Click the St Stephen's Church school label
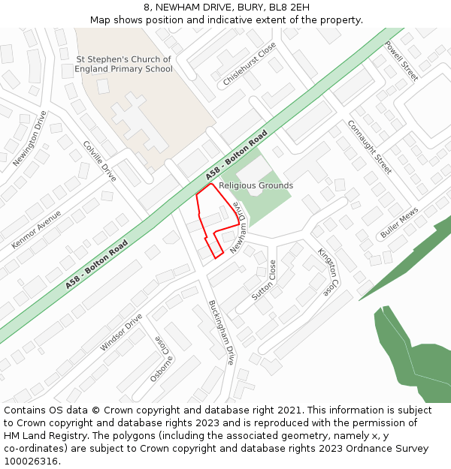[x=123, y=65]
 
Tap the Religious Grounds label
[x=256, y=185]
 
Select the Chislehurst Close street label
[x=250, y=63]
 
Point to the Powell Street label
[x=401, y=61]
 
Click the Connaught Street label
[x=369, y=146]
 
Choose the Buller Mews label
[x=398, y=224]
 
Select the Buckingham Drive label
[x=222, y=332]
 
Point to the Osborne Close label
[x=164, y=359]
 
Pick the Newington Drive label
[x=30, y=139]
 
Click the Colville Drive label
[x=100, y=161]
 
